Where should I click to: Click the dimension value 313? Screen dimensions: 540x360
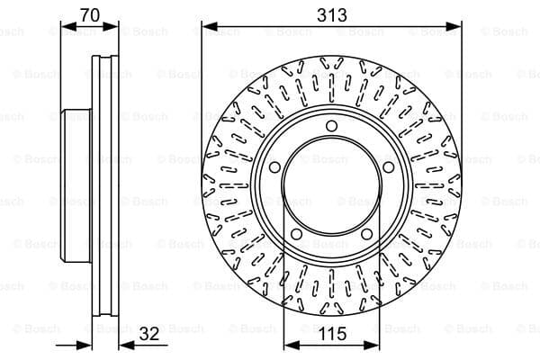(x=331, y=15)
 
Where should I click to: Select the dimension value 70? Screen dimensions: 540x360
(x=90, y=14)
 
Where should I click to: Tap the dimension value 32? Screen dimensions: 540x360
(x=149, y=334)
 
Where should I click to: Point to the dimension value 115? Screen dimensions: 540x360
(x=331, y=334)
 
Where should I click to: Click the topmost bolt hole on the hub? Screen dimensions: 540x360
(x=331, y=126)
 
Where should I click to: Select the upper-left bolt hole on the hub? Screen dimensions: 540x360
(x=274, y=167)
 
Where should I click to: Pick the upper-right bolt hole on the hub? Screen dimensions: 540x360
(x=388, y=167)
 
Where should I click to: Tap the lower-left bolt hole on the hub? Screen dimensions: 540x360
(x=296, y=234)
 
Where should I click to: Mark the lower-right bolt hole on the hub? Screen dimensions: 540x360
(x=367, y=234)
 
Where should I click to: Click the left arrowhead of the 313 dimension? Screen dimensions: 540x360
(x=210, y=26)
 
